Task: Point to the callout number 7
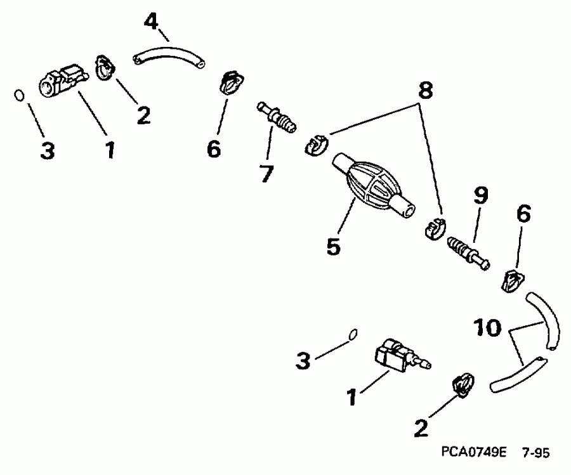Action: [266, 172]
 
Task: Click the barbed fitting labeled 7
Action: [277, 118]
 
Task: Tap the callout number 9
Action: [480, 197]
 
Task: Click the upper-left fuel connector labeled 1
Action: [62, 81]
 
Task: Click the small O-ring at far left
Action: [20, 96]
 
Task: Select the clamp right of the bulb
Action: [434, 228]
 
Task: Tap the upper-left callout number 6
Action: [213, 149]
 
